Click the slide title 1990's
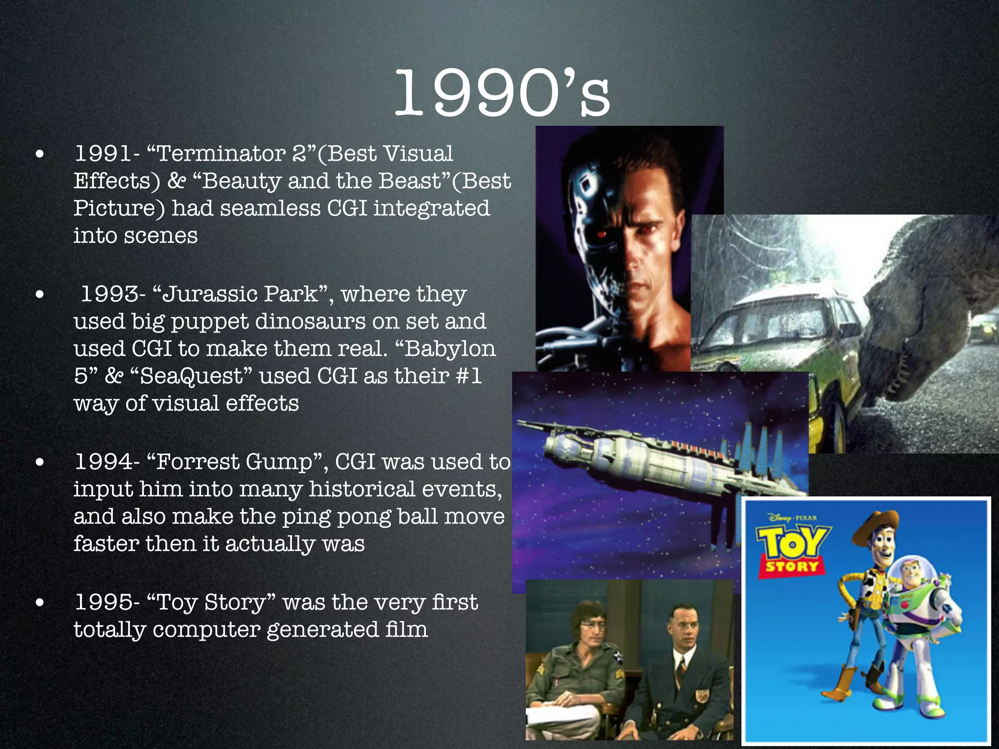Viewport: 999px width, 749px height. tap(501, 93)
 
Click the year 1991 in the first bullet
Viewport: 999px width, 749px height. tap(103, 154)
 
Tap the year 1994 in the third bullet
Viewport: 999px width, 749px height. tap(103, 462)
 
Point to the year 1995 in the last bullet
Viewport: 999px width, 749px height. tap(103, 602)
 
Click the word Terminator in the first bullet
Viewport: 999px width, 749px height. tap(221, 154)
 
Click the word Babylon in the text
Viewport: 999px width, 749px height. tap(450, 349)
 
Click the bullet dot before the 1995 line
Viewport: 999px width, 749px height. tap(40, 603)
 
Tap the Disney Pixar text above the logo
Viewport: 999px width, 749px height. tap(793, 518)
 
